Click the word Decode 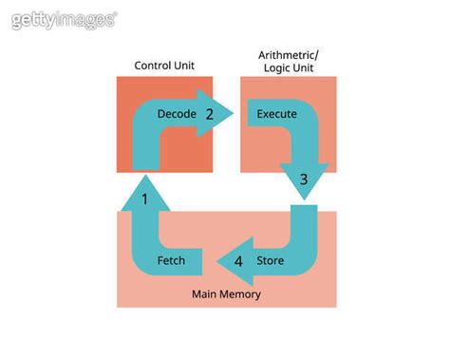click(177, 114)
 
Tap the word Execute click(277, 114)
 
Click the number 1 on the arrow click(144, 199)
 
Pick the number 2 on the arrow click(210, 114)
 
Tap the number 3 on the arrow click(304, 178)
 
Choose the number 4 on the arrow click(239, 260)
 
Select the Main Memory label click(226, 294)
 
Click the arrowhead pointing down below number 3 click(304, 185)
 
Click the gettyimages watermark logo click(65, 19)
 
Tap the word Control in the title click(153, 65)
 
